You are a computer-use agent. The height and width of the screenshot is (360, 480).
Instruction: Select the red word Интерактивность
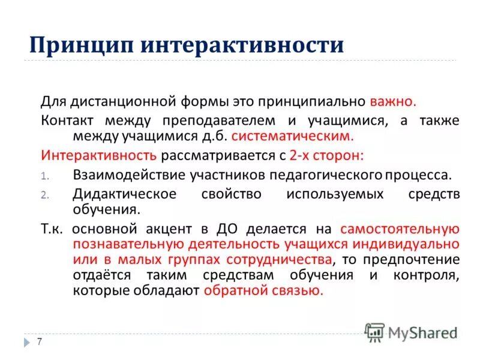[99, 155]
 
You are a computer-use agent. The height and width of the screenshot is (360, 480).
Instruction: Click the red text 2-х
[299, 155]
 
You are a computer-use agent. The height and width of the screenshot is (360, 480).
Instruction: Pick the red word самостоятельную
[400, 229]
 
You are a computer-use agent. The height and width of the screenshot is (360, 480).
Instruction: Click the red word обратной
[235, 291]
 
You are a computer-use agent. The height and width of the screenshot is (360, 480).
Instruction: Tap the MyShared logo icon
[375, 332]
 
